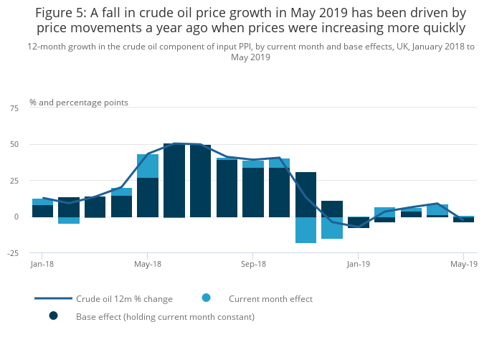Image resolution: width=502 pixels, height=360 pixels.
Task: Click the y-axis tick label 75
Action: click(x=14, y=108)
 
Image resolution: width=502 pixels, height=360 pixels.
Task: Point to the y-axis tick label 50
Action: click(x=14, y=144)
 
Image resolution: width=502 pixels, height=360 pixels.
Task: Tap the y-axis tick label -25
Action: click(x=13, y=252)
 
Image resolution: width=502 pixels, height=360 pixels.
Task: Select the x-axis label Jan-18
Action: click(x=42, y=264)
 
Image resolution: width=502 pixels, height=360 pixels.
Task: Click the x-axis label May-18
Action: click(x=147, y=264)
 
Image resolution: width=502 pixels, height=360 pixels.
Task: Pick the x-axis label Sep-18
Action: click(x=252, y=264)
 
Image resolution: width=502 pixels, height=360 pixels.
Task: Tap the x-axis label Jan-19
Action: click(x=358, y=264)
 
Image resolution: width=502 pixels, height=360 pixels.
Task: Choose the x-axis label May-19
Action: click(x=463, y=264)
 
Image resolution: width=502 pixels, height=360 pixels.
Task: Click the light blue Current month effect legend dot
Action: click(x=207, y=298)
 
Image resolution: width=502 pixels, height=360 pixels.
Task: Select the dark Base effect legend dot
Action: click(x=53, y=316)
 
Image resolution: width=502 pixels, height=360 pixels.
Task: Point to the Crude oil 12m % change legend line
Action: click(x=53, y=298)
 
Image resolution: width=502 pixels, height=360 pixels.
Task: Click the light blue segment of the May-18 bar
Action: click(x=148, y=166)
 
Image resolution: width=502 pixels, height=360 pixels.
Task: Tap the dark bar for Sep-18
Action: click(x=253, y=192)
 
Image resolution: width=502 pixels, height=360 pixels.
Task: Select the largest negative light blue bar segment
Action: click(x=306, y=229)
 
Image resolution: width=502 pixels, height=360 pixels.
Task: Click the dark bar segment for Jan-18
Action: click(x=42, y=211)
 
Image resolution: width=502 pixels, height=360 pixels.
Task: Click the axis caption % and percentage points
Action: click(x=79, y=103)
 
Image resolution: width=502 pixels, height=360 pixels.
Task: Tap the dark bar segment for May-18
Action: click(x=148, y=197)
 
